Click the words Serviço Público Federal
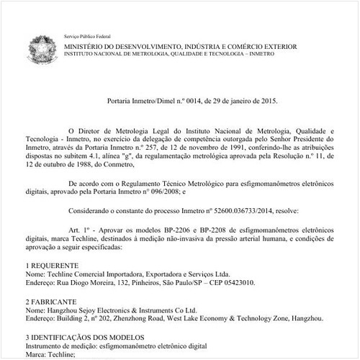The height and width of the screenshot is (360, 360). coord(89,35)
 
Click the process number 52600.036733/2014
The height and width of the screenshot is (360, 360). coord(226,211)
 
